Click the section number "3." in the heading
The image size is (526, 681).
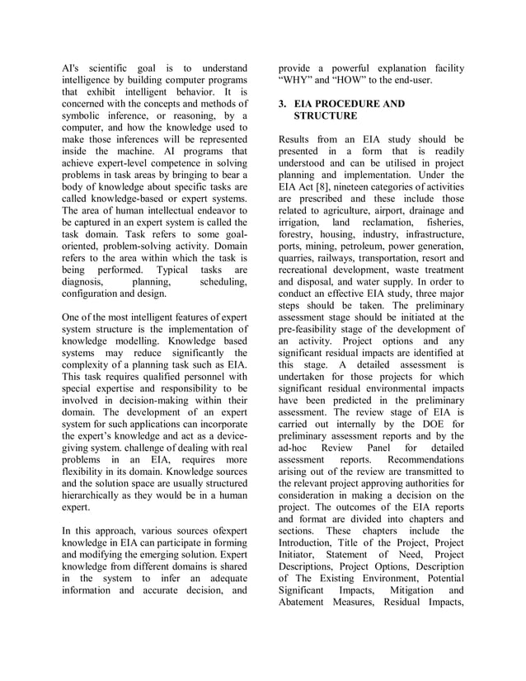[x=283, y=105]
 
